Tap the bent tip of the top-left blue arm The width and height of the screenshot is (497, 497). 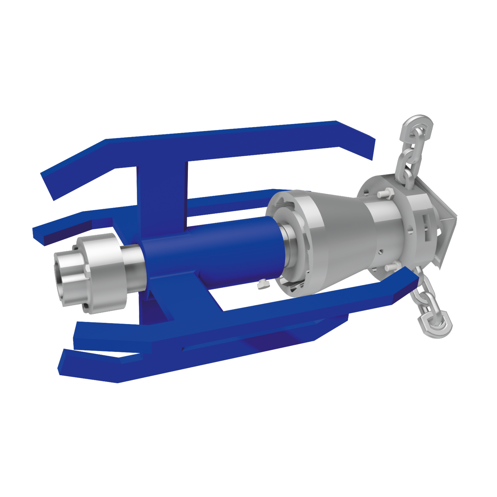click(x=53, y=184)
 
